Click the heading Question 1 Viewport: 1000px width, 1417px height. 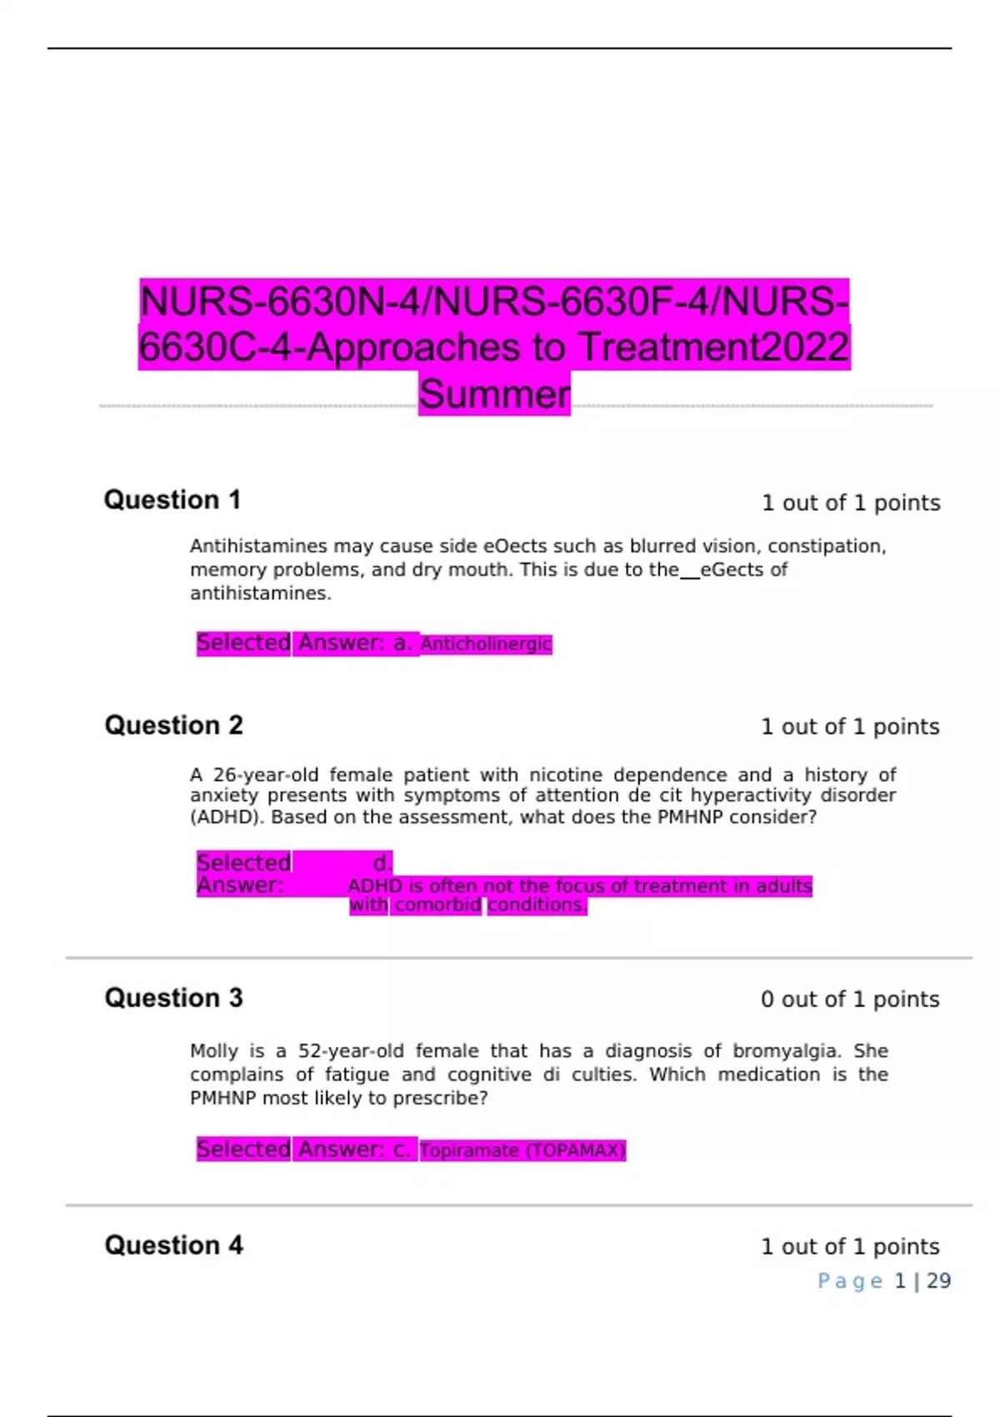(x=172, y=500)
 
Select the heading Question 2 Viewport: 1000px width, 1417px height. (x=173, y=725)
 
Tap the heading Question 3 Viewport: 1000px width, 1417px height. (x=173, y=998)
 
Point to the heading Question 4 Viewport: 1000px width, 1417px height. (x=173, y=1245)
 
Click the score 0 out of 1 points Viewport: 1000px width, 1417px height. (x=849, y=999)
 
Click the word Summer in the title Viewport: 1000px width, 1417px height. (x=494, y=394)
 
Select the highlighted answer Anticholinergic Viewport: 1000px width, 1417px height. (x=486, y=644)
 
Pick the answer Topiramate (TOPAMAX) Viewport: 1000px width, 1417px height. (x=522, y=1151)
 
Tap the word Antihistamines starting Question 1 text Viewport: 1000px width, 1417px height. (x=258, y=547)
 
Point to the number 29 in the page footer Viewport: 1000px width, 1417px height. (x=938, y=1281)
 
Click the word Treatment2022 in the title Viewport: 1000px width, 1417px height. (x=713, y=348)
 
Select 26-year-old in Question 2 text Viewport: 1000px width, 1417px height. (x=266, y=775)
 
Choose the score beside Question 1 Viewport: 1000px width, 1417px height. (x=850, y=503)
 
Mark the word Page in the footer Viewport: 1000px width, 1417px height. (x=849, y=1281)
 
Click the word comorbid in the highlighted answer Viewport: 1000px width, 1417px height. (x=437, y=905)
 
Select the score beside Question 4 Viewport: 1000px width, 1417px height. (x=849, y=1247)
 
